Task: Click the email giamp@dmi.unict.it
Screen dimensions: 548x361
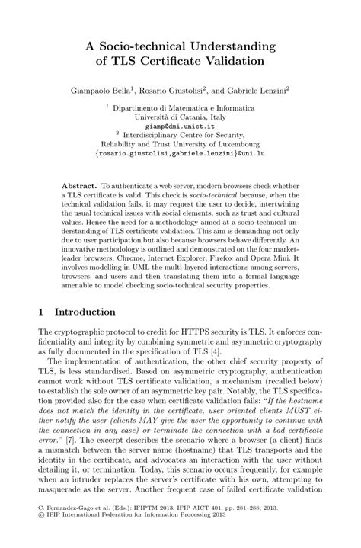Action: coord(180,127)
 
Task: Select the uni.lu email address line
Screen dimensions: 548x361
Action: coord(180,153)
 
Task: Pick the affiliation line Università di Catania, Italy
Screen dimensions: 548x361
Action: coord(180,117)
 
